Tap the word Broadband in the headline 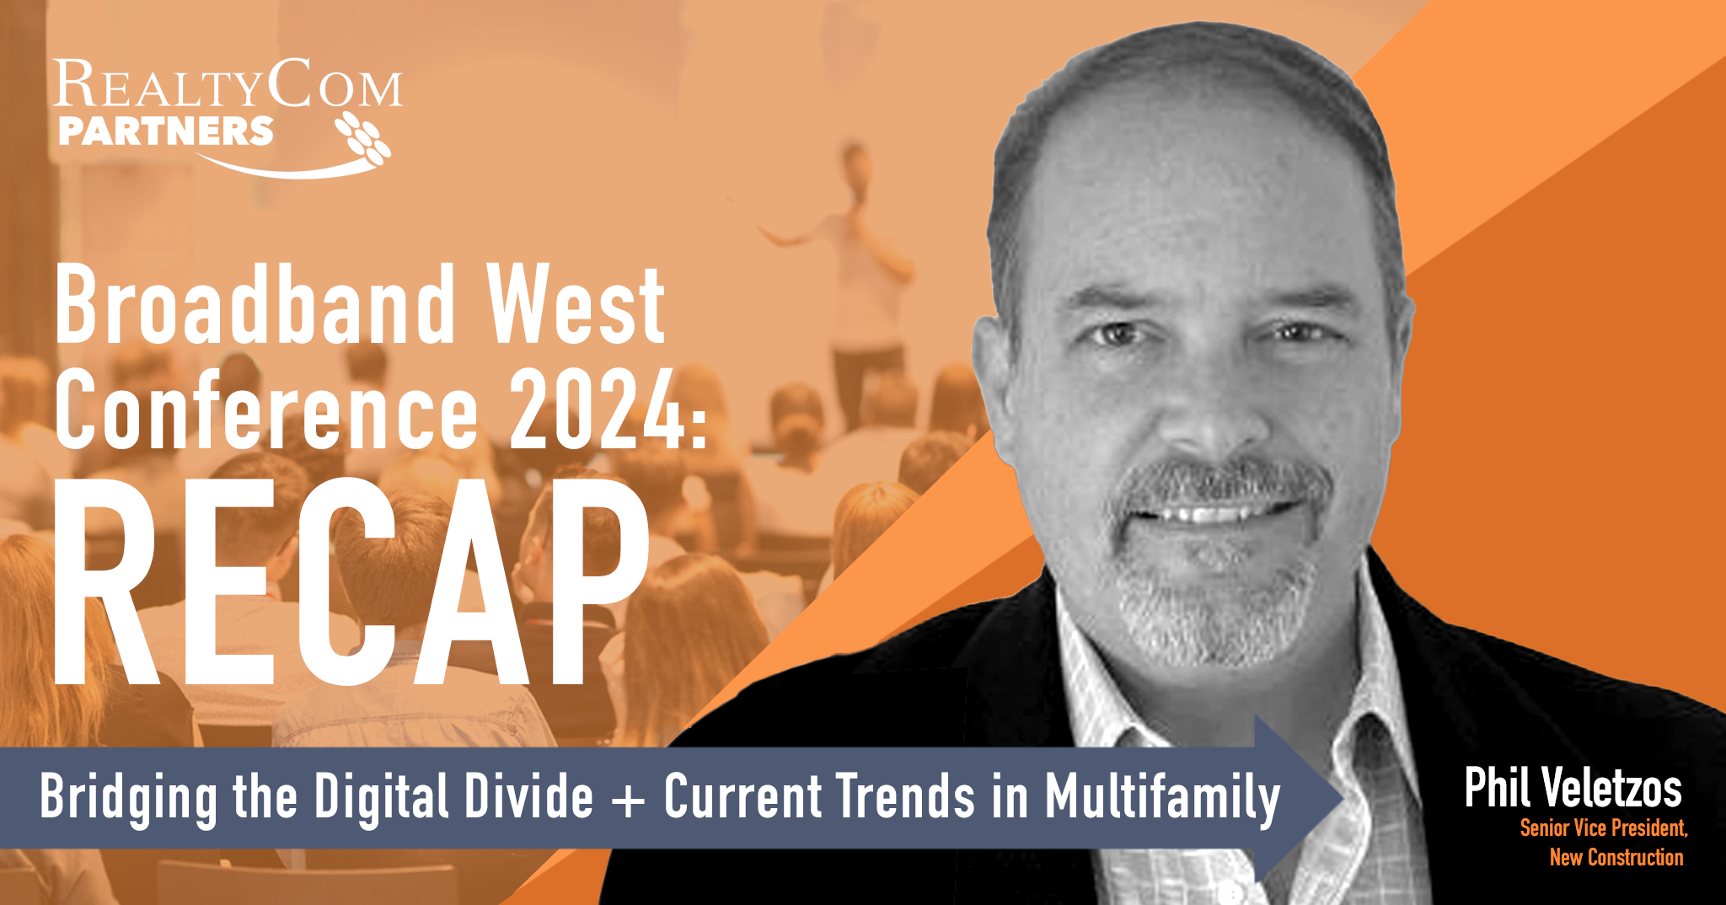[255, 305]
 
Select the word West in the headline [576, 305]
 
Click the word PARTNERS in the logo [166, 131]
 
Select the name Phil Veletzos [1573, 788]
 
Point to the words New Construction [1616, 858]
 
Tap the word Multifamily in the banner [1163, 798]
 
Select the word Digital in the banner [381, 798]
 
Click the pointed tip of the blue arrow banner [1343, 796]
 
